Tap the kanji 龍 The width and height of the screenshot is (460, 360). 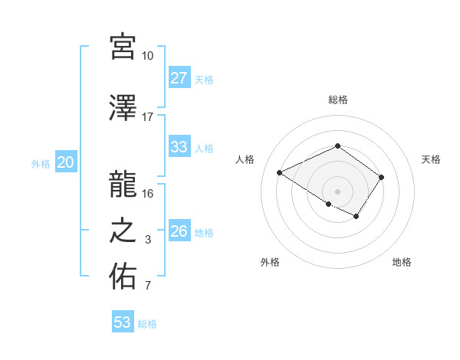pyautogui.click(x=122, y=184)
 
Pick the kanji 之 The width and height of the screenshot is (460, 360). pyautogui.click(x=122, y=230)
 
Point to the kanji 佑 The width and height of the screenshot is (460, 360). pyautogui.click(x=122, y=276)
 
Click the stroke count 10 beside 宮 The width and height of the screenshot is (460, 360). pyautogui.click(x=147, y=57)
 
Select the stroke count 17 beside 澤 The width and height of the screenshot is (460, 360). pyautogui.click(x=147, y=118)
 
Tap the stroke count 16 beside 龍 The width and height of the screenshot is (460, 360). pyautogui.click(x=147, y=194)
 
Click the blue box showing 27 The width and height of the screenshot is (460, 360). pyautogui.click(x=179, y=78)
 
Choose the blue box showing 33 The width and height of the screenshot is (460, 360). pyautogui.click(x=179, y=147)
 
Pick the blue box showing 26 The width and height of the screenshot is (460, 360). pyautogui.click(x=179, y=231)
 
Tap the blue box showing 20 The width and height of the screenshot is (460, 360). pyautogui.click(x=66, y=162)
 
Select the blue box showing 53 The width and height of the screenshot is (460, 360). pyautogui.click(x=123, y=322)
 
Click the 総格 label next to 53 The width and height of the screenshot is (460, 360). pyautogui.click(x=148, y=324)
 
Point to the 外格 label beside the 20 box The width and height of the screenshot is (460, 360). pyautogui.click(x=41, y=163)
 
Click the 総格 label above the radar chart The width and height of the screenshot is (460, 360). pyautogui.click(x=337, y=100)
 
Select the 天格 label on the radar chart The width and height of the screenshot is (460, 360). pyautogui.click(x=431, y=159)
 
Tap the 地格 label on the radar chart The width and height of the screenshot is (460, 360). pyautogui.click(x=402, y=262)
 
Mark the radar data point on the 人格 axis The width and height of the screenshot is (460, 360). pyautogui.click(x=280, y=172)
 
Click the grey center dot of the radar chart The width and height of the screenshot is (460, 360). pyautogui.click(x=337, y=191)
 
